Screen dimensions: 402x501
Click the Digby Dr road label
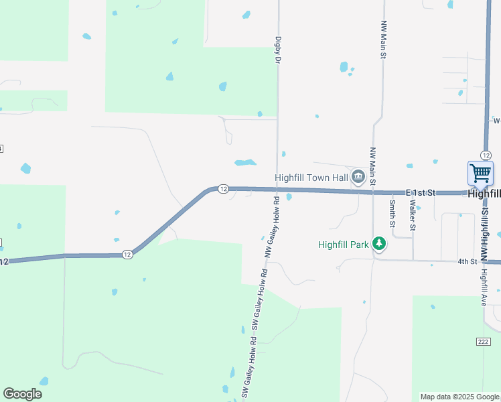coord(277,50)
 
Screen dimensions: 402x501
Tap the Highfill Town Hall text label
coord(311,178)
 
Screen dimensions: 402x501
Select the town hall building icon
coord(358,177)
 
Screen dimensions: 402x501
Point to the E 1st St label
coord(420,192)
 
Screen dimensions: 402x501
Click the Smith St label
coord(392,214)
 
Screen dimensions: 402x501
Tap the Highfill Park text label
coord(343,245)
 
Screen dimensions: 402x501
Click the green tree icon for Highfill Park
coord(380,244)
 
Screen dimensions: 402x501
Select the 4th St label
coord(467,261)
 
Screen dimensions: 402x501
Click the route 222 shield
coord(484,342)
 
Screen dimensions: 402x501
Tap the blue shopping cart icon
coord(480,174)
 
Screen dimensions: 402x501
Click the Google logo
coord(22,394)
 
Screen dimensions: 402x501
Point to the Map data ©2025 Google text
coord(459,397)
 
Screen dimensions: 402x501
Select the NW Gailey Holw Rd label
coord(270,228)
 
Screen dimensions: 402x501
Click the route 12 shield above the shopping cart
coord(486,155)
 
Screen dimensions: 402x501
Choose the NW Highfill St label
coord(485,228)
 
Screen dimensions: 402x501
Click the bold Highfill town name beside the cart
coord(484,193)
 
